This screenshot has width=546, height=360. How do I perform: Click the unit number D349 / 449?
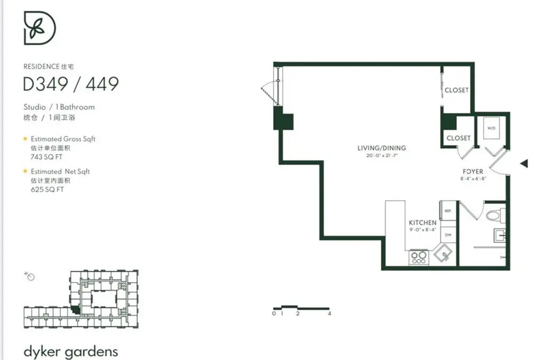pyautogui.click(x=71, y=84)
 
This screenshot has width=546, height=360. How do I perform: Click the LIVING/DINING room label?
pyautogui.click(x=381, y=148)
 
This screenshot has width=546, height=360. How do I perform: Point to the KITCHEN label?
pyautogui.click(x=422, y=222)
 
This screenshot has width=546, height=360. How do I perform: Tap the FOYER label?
pyautogui.click(x=472, y=172)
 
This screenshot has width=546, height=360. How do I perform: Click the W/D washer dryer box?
pyautogui.click(x=491, y=129)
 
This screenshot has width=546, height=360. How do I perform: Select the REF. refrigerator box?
pyautogui.click(x=448, y=211)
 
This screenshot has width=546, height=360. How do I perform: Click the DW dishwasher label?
pyautogui.click(x=448, y=235)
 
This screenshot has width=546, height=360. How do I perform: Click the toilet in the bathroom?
pyautogui.click(x=494, y=215)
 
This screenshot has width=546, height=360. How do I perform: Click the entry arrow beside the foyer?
pyautogui.click(x=524, y=164)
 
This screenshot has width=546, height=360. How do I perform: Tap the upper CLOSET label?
pyautogui.click(x=456, y=90)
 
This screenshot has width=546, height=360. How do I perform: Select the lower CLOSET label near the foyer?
pyautogui.click(x=458, y=138)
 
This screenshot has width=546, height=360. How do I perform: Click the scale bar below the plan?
pyautogui.click(x=301, y=308)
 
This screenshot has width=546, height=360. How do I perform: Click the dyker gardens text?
pyautogui.click(x=70, y=351)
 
